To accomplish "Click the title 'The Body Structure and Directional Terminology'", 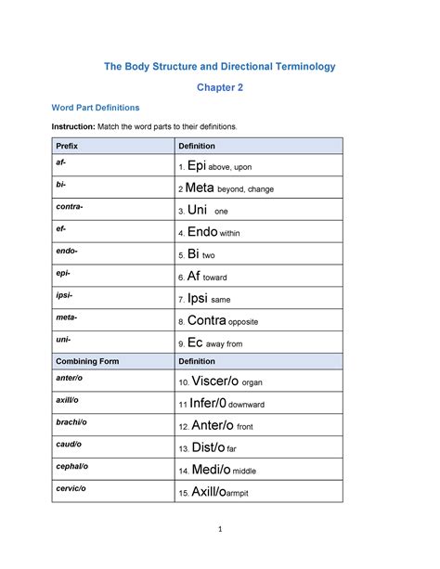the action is pyautogui.click(x=219, y=67).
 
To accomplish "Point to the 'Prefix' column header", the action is pyautogui.click(x=68, y=146).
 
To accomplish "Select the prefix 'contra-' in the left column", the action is pyautogui.click(x=70, y=207).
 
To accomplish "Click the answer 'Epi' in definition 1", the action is pyautogui.click(x=196, y=166).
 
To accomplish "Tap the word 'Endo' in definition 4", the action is pyautogui.click(x=202, y=232).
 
